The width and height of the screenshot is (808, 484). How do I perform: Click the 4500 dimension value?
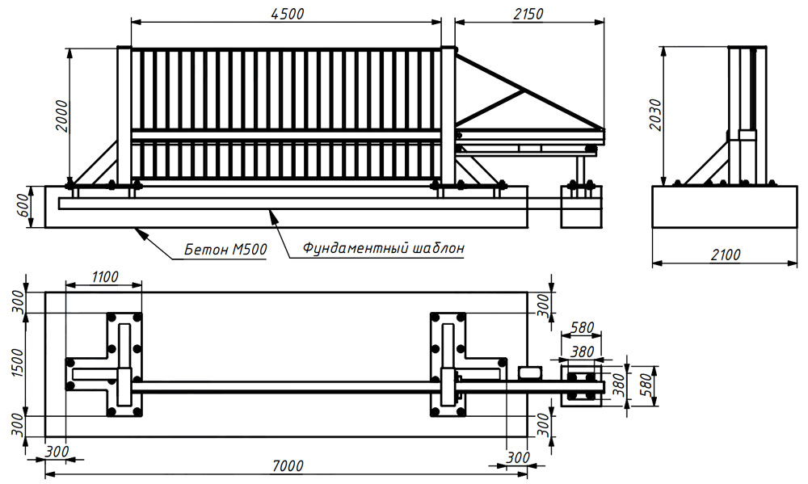[287, 13]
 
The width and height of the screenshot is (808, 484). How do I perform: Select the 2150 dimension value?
[528, 13]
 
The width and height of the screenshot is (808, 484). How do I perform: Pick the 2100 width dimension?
[726, 255]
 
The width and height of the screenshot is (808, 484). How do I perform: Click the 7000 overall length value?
[288, 465]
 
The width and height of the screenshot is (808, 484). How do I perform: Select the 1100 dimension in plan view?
[103, 276]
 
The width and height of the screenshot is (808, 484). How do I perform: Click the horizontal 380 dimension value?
[582, 351]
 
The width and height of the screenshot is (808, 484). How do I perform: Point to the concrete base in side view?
[725, 208]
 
